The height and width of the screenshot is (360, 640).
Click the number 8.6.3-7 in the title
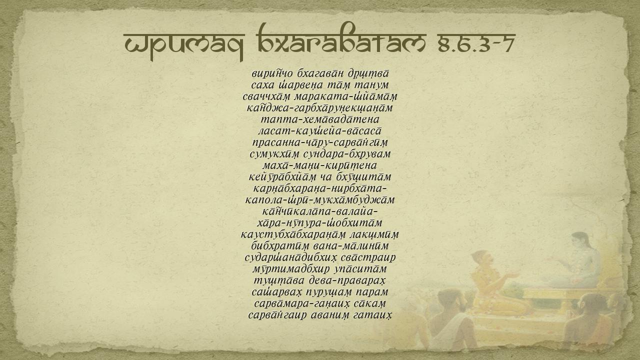(x=476, y=43)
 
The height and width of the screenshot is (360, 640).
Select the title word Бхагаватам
(x=341, y=40)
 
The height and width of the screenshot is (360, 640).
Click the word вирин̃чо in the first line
(x=272, y=73)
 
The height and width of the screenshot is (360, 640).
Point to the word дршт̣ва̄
(x=368, y=73)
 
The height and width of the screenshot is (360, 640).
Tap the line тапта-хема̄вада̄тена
(x=320, y=119)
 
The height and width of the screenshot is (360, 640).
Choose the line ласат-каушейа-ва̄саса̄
(x=319, y=131)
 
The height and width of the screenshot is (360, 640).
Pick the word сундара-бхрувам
(x=347, y=154)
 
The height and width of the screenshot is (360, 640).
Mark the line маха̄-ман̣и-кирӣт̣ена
(x=319, y=165)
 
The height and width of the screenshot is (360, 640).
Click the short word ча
(x=326, y=177)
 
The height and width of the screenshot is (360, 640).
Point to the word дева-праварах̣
(x=347, y=280)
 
